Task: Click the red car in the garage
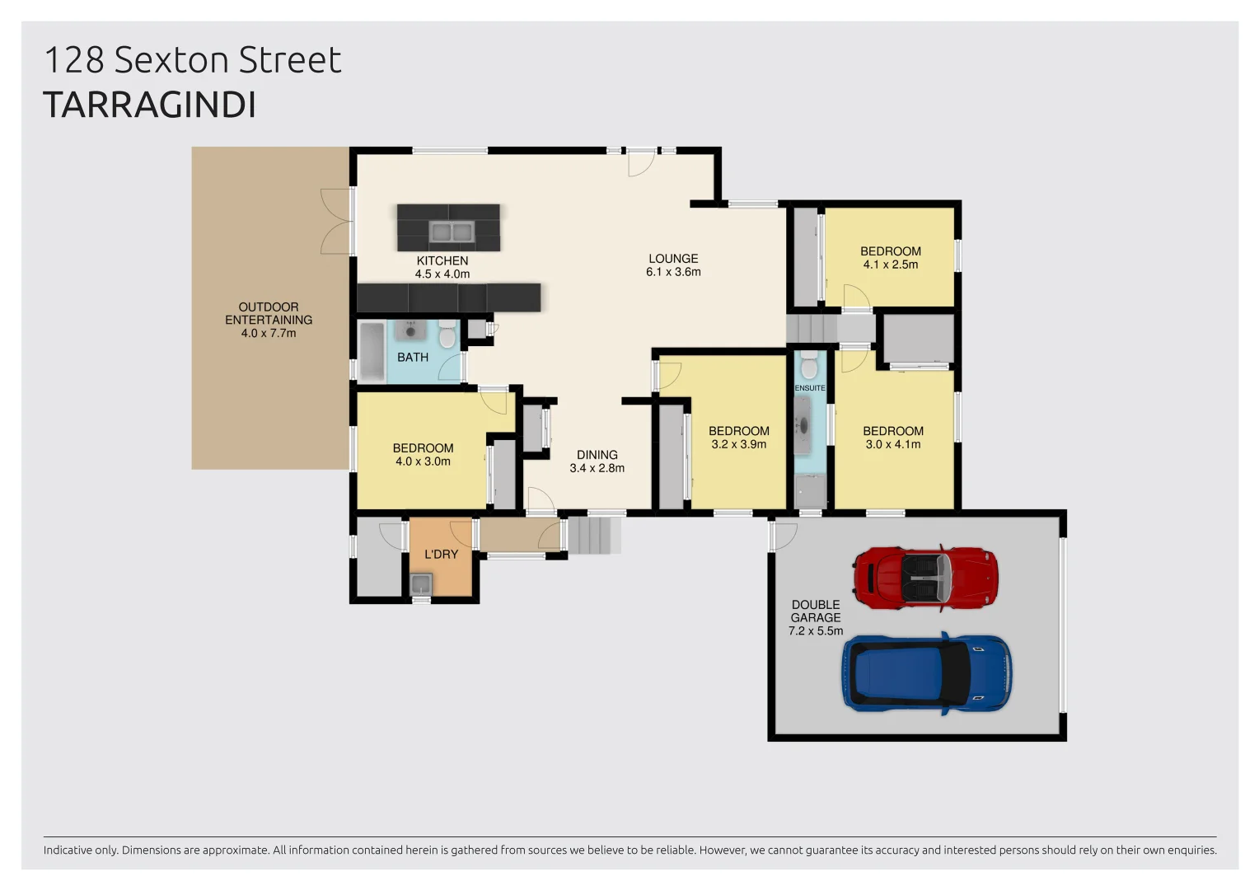click(925, 577)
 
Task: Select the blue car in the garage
click(926, 673)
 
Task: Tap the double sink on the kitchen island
click(451, 232)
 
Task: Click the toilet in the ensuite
click(809, 364)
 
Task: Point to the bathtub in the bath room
click(372, 352)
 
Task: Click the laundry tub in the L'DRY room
click(421, 585)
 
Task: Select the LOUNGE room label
click(672, 259)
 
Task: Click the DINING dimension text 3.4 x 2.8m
click(597, 468)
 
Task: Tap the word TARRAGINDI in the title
click(149, 105)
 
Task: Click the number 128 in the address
click(73, 60)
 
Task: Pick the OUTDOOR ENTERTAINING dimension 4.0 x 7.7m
click(268, 333)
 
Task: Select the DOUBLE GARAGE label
click(815, 611)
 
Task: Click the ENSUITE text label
click(809, 388)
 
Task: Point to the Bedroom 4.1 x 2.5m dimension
click(890, 265)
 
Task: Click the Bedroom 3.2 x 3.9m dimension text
click(738, 444)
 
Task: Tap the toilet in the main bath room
click(447, 335)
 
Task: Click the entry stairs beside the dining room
click(593, 534)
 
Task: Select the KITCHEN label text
click(442, 260)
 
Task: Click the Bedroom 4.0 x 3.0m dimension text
click(423, 461)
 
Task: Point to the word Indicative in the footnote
click(73, 850)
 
